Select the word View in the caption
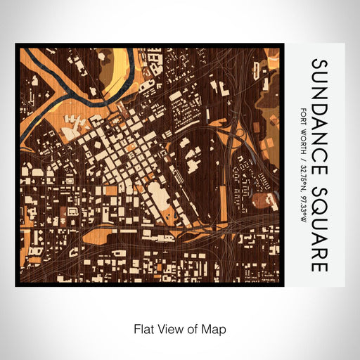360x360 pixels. point(171,328)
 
